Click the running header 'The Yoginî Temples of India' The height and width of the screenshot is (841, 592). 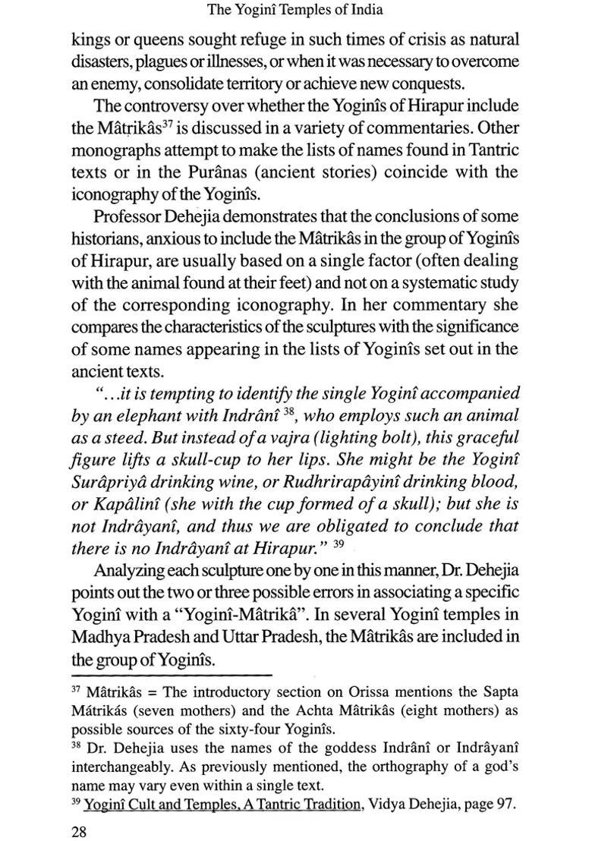[296, 10]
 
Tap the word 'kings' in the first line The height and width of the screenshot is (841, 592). [91, 38]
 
